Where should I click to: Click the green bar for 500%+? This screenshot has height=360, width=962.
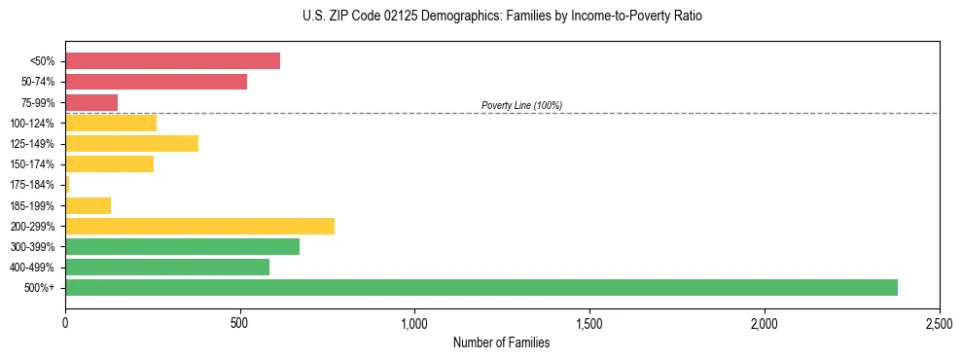tap(481, 287)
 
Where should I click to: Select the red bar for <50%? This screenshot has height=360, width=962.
tap(172, 61)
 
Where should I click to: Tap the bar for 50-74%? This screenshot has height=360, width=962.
tap(156, 82)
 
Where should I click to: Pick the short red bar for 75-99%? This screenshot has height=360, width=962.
tap(91, 102)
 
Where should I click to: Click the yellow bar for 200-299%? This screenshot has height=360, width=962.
tap(199, 226)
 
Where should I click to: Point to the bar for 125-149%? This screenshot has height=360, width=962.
tap(131, 143)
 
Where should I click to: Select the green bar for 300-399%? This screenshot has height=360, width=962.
tap(182, 246)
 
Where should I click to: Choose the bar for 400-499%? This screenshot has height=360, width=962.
tap(167, 267)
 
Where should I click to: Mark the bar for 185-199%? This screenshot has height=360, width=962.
tap(88, 205)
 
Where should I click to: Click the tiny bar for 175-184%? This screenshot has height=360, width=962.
tap(67, 184)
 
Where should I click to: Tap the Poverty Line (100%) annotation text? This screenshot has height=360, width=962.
tap(521, 105)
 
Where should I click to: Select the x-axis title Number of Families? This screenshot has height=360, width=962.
tap(502, 342)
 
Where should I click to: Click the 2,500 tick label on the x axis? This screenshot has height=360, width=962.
tap(939, 321)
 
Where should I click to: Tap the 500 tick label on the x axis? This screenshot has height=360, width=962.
tap(240, 321)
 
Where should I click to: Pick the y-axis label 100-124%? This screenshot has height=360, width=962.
tap(32, 124)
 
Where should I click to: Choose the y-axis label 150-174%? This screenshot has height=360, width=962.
tap(32, 164)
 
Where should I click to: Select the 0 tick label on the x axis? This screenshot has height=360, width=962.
tap(65, 321)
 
